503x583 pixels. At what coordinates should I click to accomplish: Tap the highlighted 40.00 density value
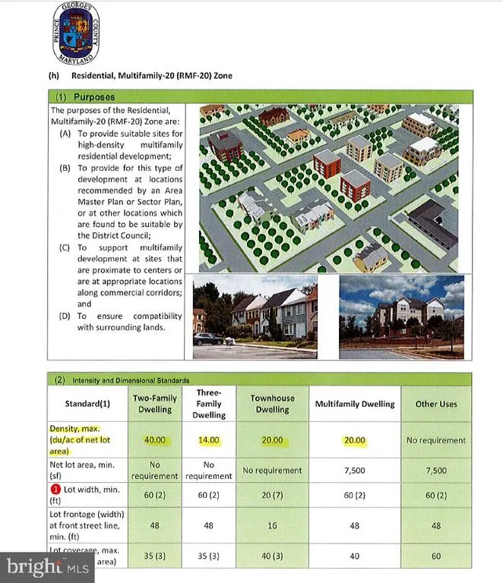[x=155, y=440]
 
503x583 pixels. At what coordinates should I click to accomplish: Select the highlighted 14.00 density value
[x=208, y=440]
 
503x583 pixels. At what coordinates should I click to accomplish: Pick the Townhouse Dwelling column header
[x=272, y=404]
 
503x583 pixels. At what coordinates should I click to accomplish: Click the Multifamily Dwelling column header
[x=355, y=404]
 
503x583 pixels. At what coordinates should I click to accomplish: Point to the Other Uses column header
[x=436, y=404]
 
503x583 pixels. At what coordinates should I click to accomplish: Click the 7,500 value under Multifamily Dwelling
[x=355, y=471]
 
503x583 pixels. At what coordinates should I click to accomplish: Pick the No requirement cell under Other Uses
[x=436, y=440]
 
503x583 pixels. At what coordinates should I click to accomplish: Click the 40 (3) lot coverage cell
[x=272, y=556]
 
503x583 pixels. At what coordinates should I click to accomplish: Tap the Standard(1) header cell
[x=88, y=404]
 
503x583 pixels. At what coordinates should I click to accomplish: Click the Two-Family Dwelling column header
[x=155, y=404]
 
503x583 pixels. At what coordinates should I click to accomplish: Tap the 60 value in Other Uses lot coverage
[x=436, y=556]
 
